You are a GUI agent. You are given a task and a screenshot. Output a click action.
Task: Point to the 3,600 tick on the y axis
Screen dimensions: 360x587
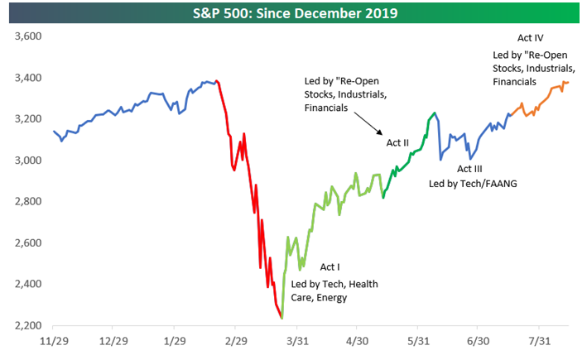coord(24,36)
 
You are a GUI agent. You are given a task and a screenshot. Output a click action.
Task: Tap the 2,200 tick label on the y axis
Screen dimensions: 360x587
coord(24,325)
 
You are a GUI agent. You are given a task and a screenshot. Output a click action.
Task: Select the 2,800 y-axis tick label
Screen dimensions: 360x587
coord(24,201)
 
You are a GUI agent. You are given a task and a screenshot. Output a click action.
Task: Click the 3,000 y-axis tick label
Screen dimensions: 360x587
coord(24,161)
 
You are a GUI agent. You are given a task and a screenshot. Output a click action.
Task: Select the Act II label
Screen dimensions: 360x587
coord(398,142)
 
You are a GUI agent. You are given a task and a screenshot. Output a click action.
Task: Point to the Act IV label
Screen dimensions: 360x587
coord(530,37)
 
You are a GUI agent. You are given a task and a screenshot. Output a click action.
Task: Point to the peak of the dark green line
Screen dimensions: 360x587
coord(435,113)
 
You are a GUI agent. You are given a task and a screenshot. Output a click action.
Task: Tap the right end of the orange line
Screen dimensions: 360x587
coord(568,82)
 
